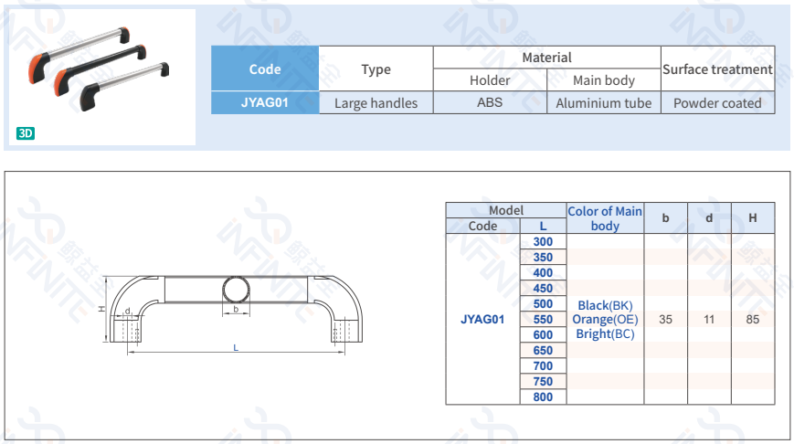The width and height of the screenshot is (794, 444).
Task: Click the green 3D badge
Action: [26, 133]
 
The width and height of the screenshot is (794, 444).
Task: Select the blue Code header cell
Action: [265, 69]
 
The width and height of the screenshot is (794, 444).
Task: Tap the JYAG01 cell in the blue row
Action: [265, 102]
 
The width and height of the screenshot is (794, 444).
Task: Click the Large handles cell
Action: [376, 103]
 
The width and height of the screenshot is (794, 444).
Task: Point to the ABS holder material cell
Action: [490, 102]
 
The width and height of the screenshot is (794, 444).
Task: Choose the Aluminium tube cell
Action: [604, 103]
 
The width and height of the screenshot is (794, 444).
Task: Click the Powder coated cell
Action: [717, 103]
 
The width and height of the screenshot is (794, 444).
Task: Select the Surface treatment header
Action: [717, 69]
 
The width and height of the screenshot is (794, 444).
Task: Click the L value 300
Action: [543, 241]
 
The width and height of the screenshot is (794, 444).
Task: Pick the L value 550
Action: [543, 320]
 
